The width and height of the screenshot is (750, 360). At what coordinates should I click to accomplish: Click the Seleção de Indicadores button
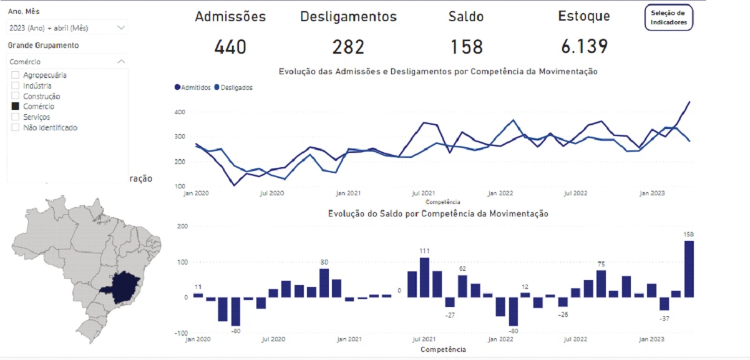click(x=669, y=17)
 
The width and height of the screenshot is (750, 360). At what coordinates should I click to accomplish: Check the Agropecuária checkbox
click(x=16, y=75)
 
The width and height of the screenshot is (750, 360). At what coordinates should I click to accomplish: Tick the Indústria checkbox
click(x=16, y=86)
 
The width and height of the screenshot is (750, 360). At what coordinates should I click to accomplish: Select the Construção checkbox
click(x=16, y=97)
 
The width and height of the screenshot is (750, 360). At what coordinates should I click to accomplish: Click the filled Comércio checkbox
click(x=16, y=107)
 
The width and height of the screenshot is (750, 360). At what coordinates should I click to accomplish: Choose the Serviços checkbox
click(x=16, y=117)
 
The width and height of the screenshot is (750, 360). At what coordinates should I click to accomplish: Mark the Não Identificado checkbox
click(x=16, y=128)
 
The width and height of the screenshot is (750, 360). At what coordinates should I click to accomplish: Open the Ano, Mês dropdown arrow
click(x=121, y=27)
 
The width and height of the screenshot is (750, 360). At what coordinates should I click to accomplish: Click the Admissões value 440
click(x=230, y=47)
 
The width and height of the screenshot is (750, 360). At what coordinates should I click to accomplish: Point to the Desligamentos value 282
click(x=348, y=47)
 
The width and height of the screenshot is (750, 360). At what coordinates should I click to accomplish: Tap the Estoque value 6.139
click(x=583, y=47)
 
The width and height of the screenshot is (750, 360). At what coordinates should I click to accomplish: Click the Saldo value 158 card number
click(x=467, y=47)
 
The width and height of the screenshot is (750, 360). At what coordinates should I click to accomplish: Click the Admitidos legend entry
click(x=193, y=88)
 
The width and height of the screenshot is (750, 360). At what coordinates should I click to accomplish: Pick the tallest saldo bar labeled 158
click(x=689, y=269)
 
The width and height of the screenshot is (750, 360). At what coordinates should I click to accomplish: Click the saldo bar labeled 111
click(x=424, y=277)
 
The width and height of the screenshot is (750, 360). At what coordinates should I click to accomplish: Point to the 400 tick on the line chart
click(x=179, y=112)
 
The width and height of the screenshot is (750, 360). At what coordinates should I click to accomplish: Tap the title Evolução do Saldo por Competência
click(x=438, y=214)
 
